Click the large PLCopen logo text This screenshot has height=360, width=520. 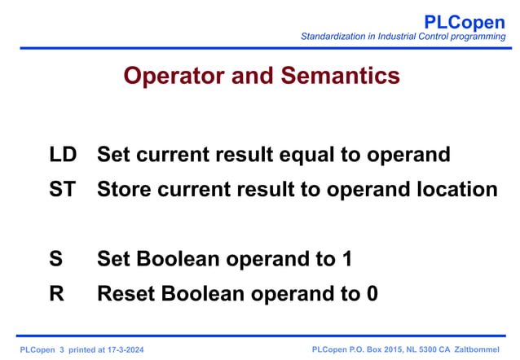[x=465, y=22]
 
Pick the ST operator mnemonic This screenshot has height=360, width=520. [x=62, y=189]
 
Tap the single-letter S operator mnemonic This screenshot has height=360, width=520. [x=55, y=259]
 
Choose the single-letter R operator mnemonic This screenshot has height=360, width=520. [x=56, y=294]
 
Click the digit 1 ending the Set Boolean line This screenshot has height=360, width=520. [x=346, y=259]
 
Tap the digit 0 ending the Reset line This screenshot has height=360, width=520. [x=372, y=294]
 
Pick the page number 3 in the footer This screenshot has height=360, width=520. [x=62, y=349]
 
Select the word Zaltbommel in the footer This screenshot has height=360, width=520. [x=477, y=349]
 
